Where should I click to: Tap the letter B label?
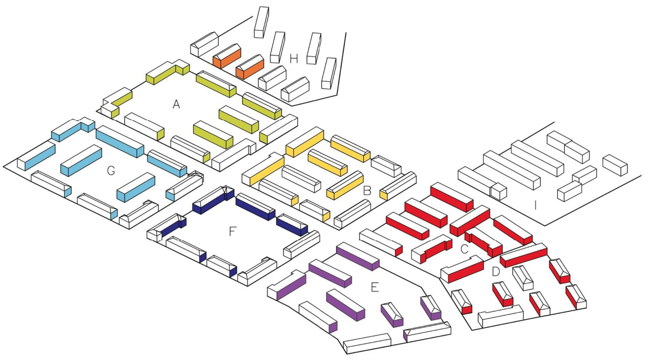368,190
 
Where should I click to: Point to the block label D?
495,272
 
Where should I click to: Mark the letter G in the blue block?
111,171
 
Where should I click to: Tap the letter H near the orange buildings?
294,59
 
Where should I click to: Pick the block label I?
535,204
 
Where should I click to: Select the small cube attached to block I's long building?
499,191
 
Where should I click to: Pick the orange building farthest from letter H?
227,55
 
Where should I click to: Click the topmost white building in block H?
261,22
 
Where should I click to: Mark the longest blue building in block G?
120,142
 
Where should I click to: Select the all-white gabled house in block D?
523,278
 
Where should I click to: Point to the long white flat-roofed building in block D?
500,316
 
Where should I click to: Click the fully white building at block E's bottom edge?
367,343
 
